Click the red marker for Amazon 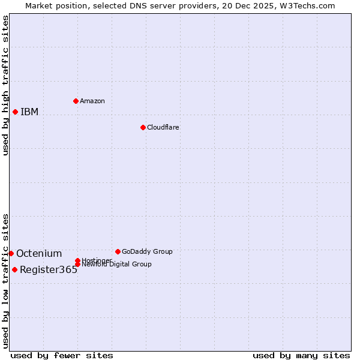click(76, 101)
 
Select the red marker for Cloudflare click(143, 127)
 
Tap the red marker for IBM click(15, 112)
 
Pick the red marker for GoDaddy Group click(118, 251)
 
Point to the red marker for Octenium click(11, 253)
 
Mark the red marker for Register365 click(14, 269)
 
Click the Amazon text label click(92, 101)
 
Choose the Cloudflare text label click(163, 127)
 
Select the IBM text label click(29, 112)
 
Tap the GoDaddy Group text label click(147, 251)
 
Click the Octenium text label click(39, 253)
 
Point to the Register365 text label click(49, 269)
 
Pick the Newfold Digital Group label click(116, 265)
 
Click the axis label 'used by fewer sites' click(62, 355)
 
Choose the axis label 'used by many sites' click(301, 355)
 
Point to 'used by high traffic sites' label click(5, 85)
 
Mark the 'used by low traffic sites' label click(5, 280)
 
